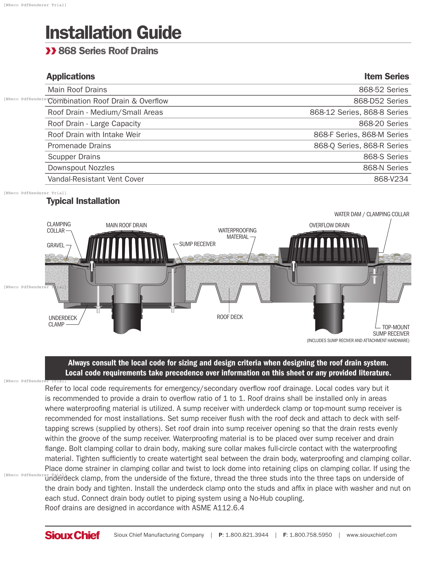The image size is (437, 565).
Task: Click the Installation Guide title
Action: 113,33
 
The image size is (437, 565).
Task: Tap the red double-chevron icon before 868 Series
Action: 50,51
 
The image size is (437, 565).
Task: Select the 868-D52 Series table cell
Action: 380,101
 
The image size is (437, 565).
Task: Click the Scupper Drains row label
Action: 74,157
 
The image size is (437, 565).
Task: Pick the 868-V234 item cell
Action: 391,179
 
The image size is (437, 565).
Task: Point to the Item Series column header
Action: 386,77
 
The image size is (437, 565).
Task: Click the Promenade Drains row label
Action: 79,146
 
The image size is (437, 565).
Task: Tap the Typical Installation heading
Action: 83,201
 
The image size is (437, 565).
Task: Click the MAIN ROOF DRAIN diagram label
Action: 126,225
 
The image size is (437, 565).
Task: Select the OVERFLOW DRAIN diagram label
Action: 329,225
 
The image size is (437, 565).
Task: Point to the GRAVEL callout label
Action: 56,245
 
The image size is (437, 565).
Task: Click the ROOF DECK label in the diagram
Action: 230,317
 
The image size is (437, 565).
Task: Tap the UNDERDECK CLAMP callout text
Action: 62,321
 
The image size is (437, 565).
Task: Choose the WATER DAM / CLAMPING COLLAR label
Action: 371,214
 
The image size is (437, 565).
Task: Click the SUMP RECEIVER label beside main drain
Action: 197,244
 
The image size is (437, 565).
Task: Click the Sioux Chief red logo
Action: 72,535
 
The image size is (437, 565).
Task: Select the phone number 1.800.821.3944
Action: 247,535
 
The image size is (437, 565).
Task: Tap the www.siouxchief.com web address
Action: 371,535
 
